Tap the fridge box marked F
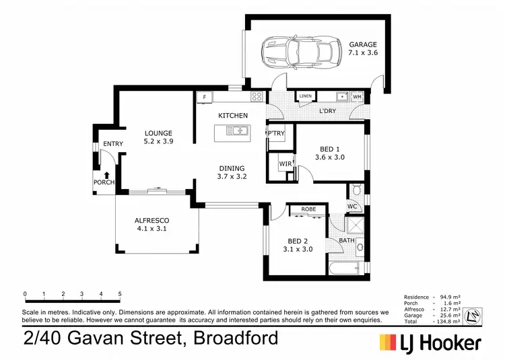coord(203,98)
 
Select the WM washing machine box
coord(357,97)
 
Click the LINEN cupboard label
coord(306,96)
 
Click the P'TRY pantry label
coord(277,133)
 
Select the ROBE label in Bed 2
coord(308,209)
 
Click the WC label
coord(351,206)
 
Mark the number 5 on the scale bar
coord(120,294)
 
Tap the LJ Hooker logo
coord(431,343)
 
